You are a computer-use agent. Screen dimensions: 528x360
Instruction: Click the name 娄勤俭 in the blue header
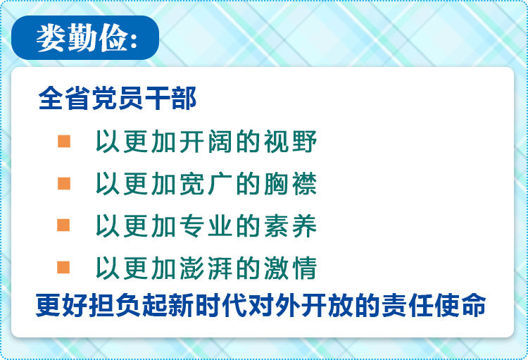[x=82, y=38]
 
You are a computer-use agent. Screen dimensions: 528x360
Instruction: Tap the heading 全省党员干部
[x=118, y=98]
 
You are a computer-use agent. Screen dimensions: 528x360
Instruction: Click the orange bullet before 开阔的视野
[x=64, y=141]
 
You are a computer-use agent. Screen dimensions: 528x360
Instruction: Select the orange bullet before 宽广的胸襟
[x=64, y=183]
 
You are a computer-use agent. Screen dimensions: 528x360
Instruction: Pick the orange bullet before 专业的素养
[x=63, y=225]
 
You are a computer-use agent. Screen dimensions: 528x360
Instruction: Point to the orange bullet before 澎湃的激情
[x=63, y=267]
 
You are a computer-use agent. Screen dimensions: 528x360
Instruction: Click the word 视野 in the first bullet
[x=290, y=141]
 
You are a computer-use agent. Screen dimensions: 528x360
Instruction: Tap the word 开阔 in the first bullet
[x=206, y=141]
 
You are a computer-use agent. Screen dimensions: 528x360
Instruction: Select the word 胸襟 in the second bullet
[x=290, y=183]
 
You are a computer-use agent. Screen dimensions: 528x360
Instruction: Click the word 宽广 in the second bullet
[x=206, y=183]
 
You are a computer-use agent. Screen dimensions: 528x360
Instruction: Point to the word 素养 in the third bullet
[x=290, y=225]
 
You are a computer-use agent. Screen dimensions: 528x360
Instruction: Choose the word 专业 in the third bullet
[x=206, y=225]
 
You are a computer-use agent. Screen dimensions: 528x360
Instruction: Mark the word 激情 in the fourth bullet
[x=290, y=268]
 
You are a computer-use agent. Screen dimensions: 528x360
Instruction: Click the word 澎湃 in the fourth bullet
[x=206, y=268]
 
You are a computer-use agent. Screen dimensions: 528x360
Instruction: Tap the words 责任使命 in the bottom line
[x=434, y=305]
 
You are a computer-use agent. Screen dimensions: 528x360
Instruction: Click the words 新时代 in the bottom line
[x=208, y=305]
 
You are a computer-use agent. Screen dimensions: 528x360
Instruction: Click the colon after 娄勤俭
[x=133, y=40]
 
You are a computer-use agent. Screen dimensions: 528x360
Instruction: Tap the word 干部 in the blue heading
[x=171, y=98]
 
